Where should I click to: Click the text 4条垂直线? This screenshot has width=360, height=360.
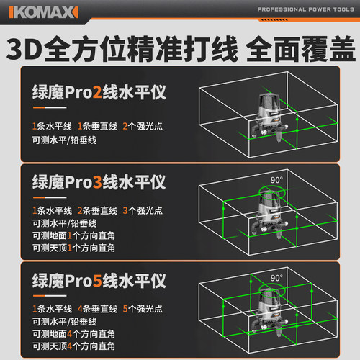[97, 309]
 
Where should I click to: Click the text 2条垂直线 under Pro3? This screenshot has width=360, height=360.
[97, 210]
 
